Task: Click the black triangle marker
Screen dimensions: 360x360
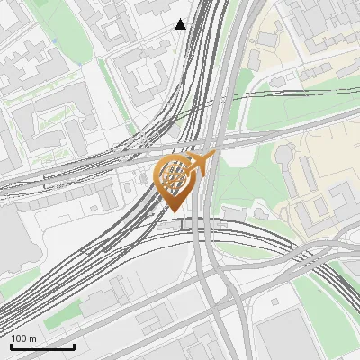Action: (x=181, y=24)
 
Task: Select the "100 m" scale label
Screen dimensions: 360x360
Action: (x=24, y=337)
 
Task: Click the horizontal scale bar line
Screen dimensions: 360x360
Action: (x=42, y=346)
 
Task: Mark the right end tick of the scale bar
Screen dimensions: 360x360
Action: (x=74, y=345)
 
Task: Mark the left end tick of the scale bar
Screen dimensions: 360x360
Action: (x=11, y=345)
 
